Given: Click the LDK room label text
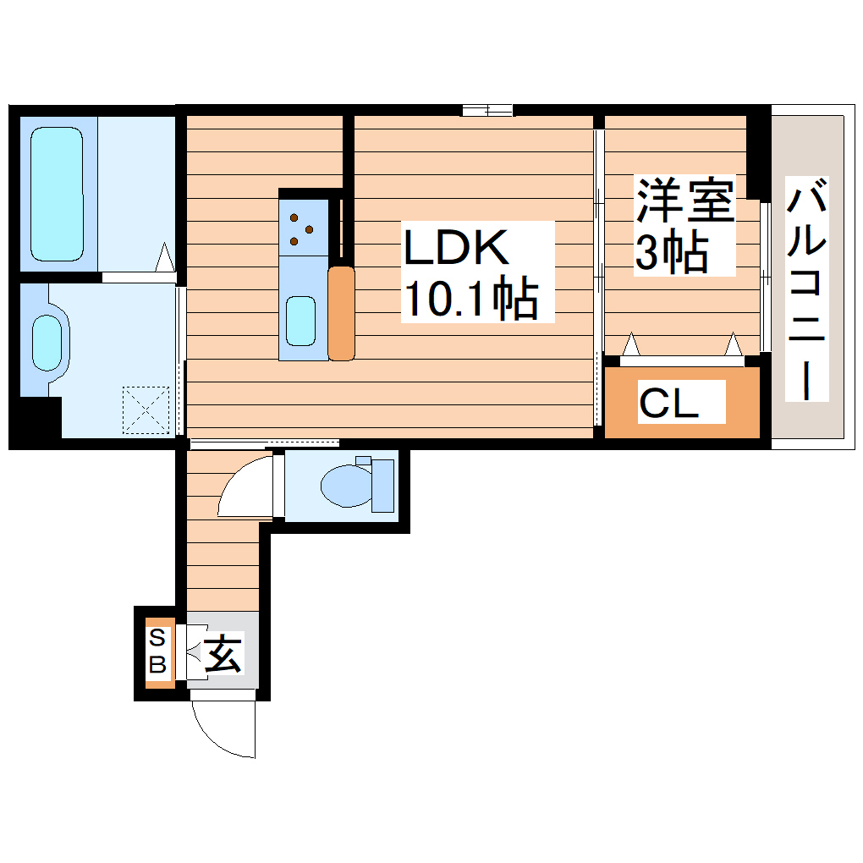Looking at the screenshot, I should [x=457, y=250].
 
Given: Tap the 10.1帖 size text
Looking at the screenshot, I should [x=470, y=298].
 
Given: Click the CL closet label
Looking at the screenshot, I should [x=668, y=403].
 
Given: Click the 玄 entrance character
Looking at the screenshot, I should [x=222, y=654].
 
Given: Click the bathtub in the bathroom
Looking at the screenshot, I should [x=58, y=194].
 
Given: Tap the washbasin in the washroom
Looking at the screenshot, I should [x=47, y=343].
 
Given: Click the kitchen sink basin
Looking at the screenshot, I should [x=301, y=321].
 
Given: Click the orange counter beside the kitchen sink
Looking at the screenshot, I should [x=342, y=313].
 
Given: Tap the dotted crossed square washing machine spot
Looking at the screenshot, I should [x=146, y=410].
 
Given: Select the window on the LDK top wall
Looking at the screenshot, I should [x=487, y=109].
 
